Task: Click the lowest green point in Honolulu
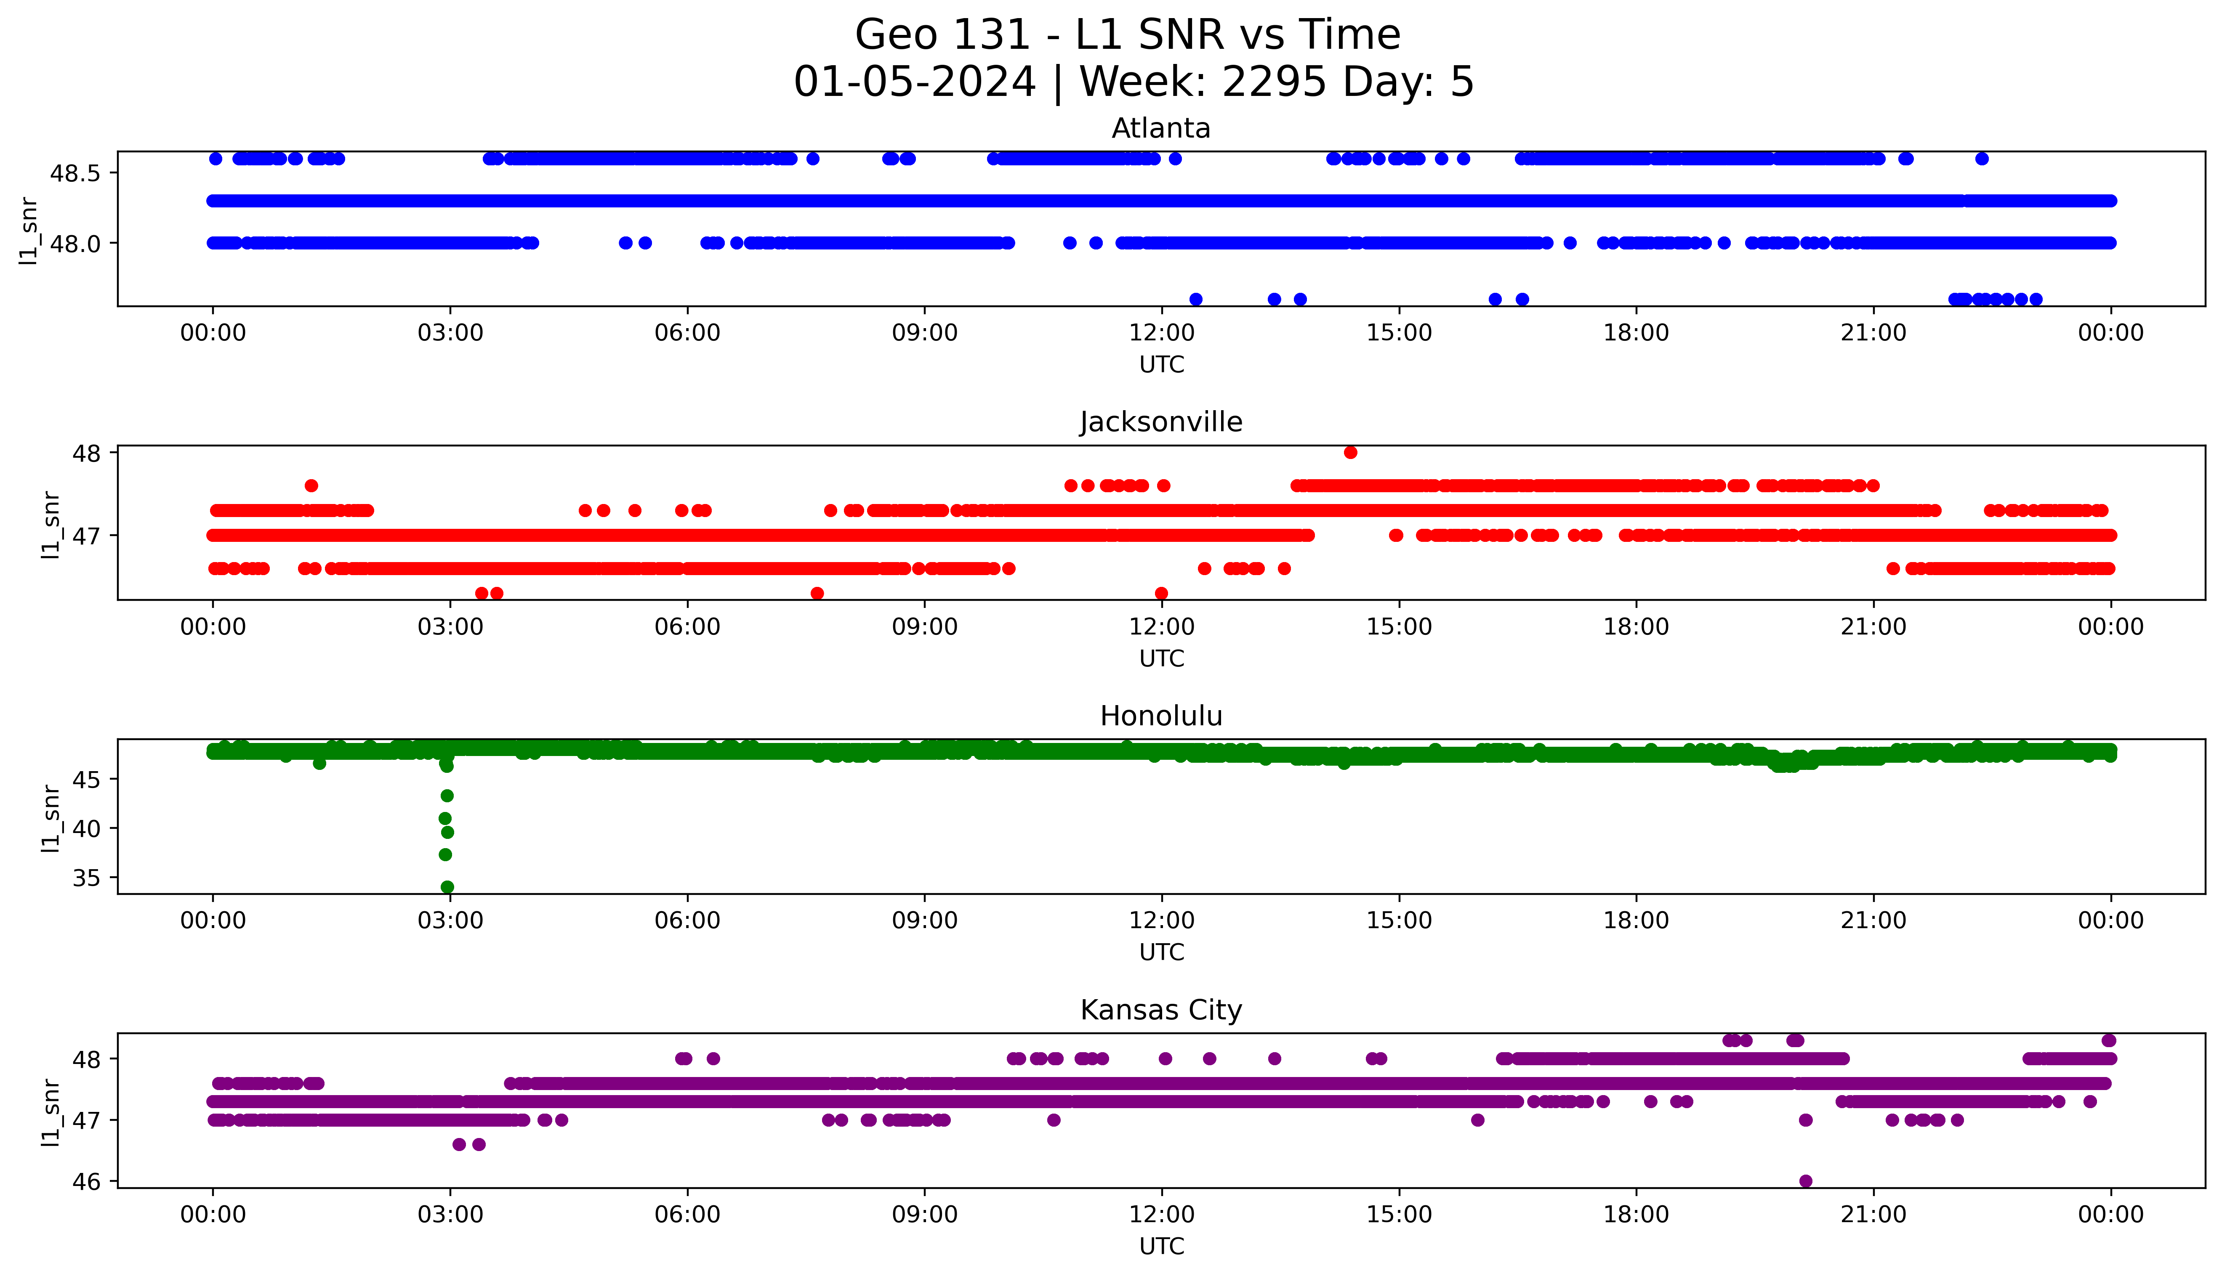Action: (x=447, y=887)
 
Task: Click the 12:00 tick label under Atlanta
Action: (x=1161, y=333)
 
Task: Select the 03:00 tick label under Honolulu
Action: (x=450, y=920)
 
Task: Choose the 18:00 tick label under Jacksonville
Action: (x=1636, y=626)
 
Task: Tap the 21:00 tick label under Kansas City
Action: (x=1873, y=1215)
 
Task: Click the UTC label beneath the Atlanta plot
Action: (x=1161, y=365)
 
